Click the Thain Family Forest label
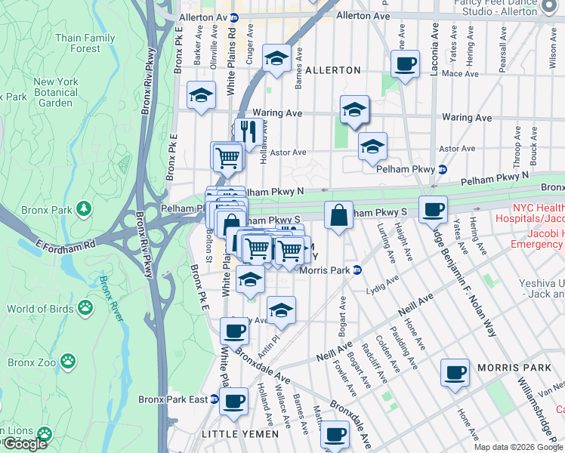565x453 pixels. click(x=85, y=43)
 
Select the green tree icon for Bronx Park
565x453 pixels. click(x=84, y=208)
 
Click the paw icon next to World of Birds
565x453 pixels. click(x=86, y=308)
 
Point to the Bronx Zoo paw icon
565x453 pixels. click(x=69, y=362)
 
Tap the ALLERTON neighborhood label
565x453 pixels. click(x=332, y=70)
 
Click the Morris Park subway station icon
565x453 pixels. click(x=357, y=270)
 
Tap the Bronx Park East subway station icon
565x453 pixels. click(x=214, y=399)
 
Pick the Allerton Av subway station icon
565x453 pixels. click(x=234, y=17)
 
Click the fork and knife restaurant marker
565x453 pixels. click(x=247, y=130)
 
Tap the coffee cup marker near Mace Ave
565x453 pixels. click(x=406, y=63)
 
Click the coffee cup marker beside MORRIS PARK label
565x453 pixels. click(x=455, y=371)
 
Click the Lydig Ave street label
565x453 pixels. click(x=381, y=285)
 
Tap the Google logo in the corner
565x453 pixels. click(x=25, y=443)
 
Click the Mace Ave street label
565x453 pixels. click(x=461, y=74)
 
